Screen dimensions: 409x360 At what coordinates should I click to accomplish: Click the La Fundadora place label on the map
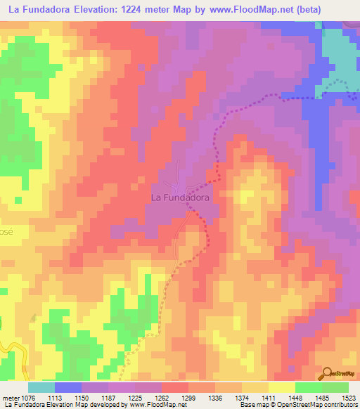181,198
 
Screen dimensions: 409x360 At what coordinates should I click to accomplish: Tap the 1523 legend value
349,397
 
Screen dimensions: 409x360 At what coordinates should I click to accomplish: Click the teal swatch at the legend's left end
41,387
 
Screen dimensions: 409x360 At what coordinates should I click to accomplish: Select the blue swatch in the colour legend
67,387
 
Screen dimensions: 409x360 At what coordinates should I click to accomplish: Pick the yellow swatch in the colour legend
281,387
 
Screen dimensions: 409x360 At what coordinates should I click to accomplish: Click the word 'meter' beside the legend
14,397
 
